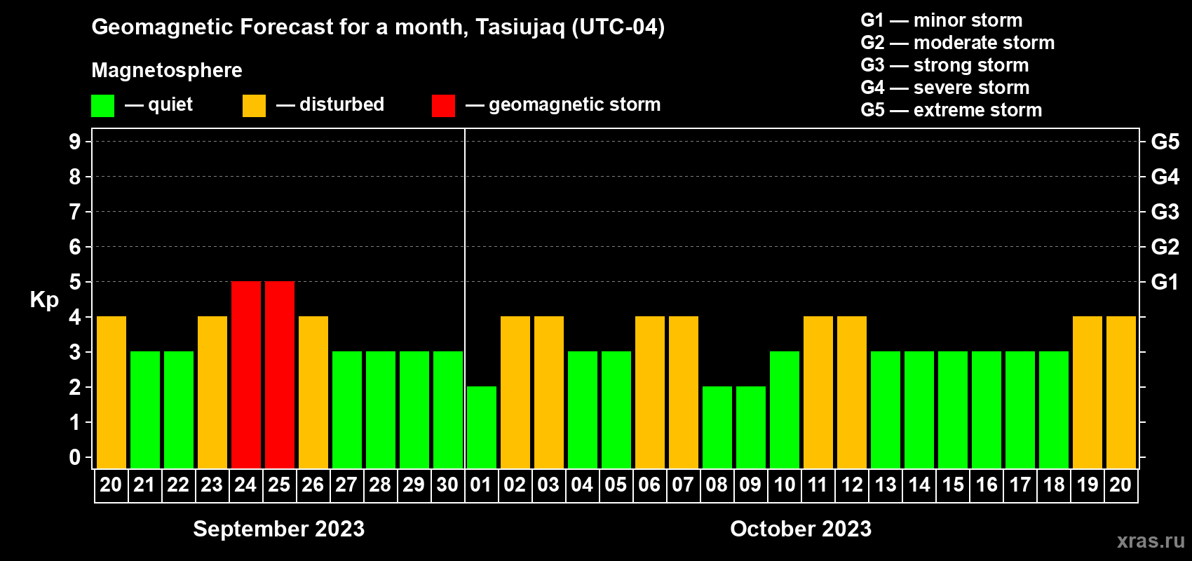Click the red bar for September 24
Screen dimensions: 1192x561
[x=246, y=374]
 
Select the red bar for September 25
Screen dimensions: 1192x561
[x=280, y=374]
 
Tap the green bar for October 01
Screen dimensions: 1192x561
[x=482, y=427]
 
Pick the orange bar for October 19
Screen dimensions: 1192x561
[x=1087, y=392]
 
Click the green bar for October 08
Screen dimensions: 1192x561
[x=717, y=427]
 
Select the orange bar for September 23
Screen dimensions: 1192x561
[x=212, y=392]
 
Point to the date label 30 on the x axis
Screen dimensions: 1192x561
[x=447, y=485]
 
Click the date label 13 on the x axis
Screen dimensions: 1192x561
[x=886, y=485]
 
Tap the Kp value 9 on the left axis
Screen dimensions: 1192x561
[x=74, y=142]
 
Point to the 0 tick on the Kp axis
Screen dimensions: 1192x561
[x=74, y=457]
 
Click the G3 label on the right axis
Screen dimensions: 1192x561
[x=1165, y=212]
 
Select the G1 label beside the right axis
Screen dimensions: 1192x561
[x=1165, y=282]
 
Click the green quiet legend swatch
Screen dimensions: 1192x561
[x=102, y=105]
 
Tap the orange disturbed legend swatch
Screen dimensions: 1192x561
[x=254, y=105]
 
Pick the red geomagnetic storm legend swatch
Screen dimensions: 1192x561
[x=444, y=105]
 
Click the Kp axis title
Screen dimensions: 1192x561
[x=44, y=299]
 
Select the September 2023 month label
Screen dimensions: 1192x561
[x=279, y=529]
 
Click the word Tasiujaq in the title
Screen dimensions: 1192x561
[x=520, y=27]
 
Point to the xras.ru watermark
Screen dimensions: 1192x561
[x=1151, y=541]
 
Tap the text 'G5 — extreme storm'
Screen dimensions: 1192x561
[x=951, y=110]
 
